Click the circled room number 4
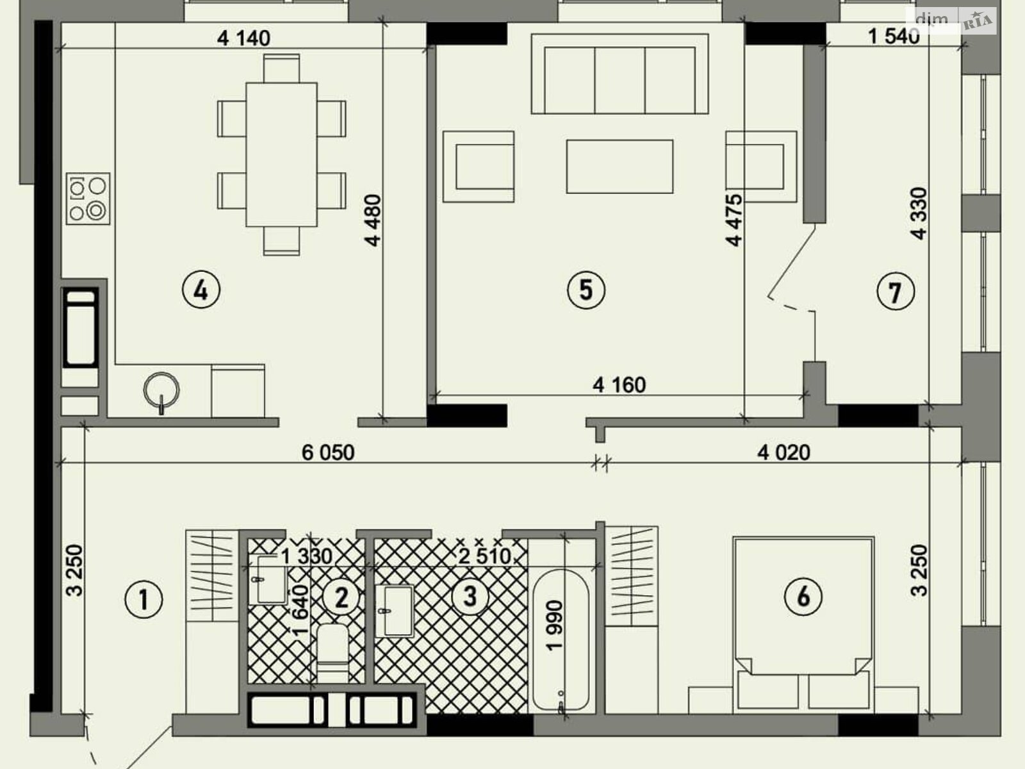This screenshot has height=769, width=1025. (201, 290)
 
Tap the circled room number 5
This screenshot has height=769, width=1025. (586, 290)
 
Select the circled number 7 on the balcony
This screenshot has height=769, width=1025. (895, 292)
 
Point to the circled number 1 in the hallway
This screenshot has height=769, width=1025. (144, 600)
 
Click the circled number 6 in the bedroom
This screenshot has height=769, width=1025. (803, 597)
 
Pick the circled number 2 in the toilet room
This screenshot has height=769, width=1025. (341, 597)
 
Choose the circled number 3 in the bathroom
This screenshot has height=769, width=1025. (470, 596)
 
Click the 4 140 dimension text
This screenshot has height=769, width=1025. (244, 38)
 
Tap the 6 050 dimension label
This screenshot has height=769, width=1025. (328, 452)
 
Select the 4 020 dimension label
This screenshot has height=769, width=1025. (783, 452)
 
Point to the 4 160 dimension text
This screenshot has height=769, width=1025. (619, 385)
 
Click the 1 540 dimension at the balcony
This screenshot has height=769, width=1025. (894, 37)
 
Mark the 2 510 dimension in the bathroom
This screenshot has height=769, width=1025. (485, 556)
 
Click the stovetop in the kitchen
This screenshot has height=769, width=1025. (88, 199)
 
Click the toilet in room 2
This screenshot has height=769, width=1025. (333, 654)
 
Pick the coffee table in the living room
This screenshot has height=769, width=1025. (619, 166)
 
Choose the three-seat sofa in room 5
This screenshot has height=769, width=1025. (619, 73)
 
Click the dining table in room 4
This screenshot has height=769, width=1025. (282, 154)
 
